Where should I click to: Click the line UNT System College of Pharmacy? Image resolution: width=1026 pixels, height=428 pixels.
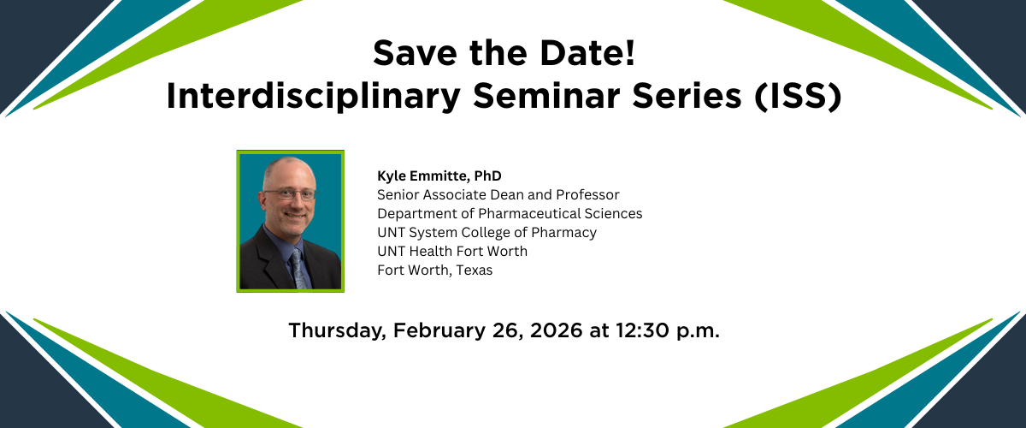[486, 233]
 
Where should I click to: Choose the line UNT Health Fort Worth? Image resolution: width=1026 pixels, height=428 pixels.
[452, 252]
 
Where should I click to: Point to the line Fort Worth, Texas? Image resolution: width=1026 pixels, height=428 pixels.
[435, 270]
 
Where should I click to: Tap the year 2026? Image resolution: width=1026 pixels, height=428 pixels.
[556, 330]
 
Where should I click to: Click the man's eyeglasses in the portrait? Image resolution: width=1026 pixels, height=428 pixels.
[289, 194]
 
